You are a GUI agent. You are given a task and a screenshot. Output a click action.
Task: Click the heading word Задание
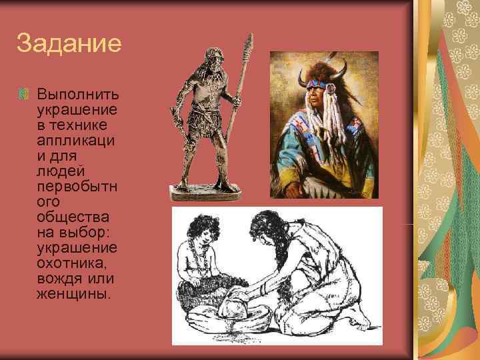(69, 44)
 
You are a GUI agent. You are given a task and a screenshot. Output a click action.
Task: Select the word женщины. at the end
(72, 294)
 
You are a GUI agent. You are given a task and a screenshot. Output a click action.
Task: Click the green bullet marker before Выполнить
(23, 92)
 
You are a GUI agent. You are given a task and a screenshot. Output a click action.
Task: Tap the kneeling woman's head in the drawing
(267, 227)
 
